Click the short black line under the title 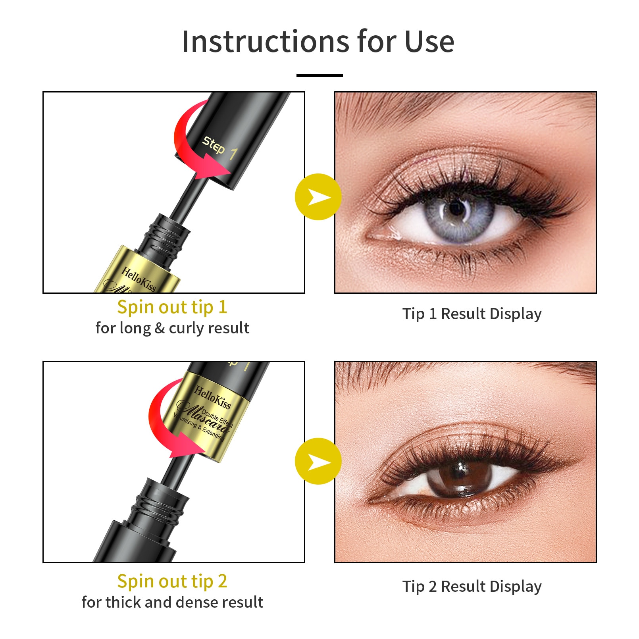tap(319, 75)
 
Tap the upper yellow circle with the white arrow tap(318, 197)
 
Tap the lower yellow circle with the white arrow tap(318, 461)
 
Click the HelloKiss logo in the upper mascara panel tap(139, 279)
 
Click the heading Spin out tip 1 tap(172, 307)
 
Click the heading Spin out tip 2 tap(172, 581)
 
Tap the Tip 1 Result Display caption tap(472, 314)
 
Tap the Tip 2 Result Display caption tap(472, 586)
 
